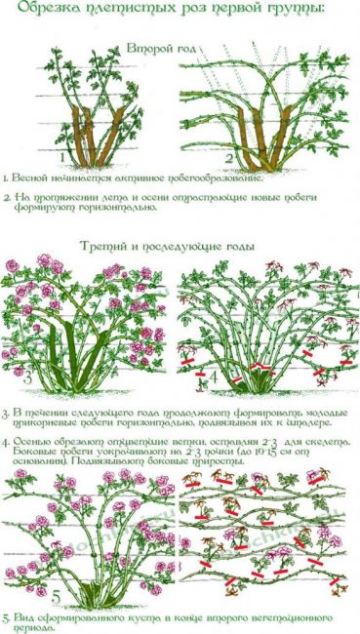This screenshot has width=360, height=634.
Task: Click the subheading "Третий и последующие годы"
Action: point(180,246)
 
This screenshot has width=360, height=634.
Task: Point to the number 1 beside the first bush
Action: point(60,156)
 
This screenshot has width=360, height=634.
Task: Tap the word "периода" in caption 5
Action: point(38,628)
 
